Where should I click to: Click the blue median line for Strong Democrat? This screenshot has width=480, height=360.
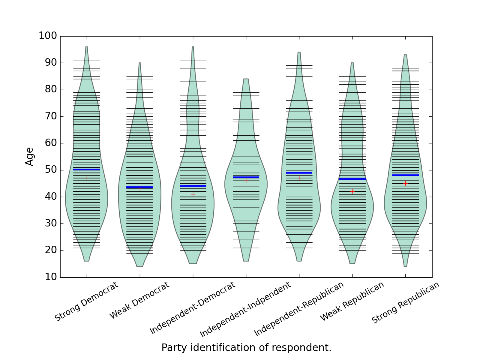point(87,169)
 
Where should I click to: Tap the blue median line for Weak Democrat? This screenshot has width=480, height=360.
point(140,187)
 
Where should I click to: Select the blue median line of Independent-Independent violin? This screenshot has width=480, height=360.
point(246,177)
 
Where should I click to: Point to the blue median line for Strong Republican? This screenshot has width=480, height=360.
point(405,175)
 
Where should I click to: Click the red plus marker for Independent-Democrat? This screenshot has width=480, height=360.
point(193,194)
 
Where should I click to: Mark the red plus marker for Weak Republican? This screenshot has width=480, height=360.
point(352,191)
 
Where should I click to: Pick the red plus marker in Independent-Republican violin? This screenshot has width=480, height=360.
point(299,178)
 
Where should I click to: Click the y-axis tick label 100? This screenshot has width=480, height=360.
point(48,36)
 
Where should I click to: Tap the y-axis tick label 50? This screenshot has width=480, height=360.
point(51,170)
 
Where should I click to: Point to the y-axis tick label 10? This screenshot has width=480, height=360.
point(51,277)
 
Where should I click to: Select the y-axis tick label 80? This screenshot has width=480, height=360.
point(51,90)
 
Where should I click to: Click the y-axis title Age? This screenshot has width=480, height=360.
point(29,157)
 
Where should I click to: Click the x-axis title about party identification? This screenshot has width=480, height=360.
point(246,348)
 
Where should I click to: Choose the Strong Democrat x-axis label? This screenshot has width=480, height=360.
point(86,301)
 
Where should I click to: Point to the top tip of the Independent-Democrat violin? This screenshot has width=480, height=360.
point(193,47)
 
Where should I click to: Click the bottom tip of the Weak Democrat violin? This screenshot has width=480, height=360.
point(140,266)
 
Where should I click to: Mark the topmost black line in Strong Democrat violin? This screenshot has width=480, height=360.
point(87,60)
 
